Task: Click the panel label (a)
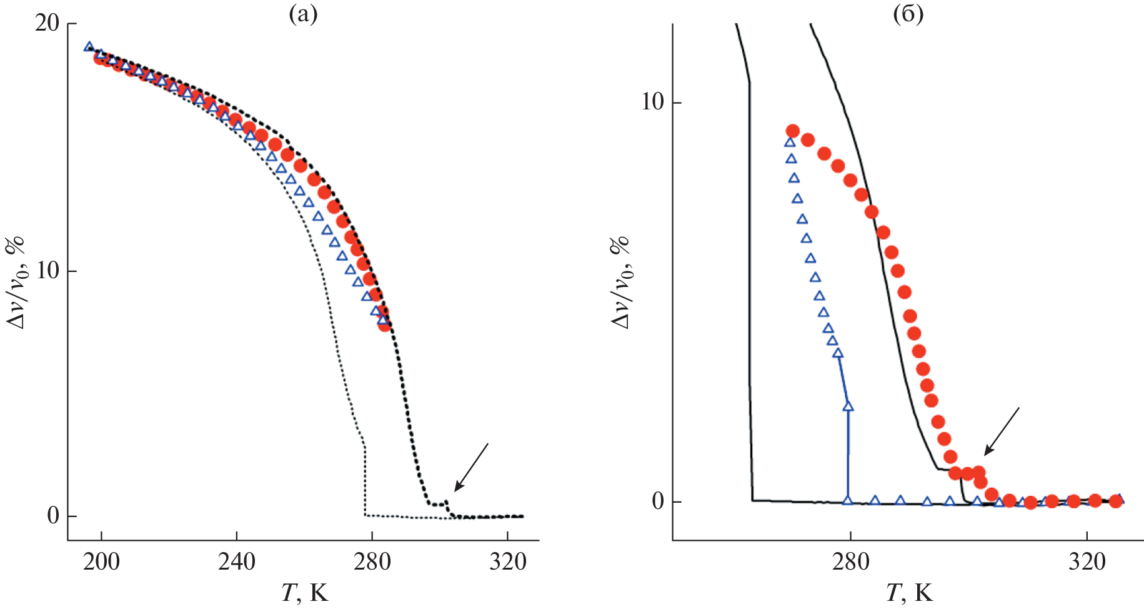[x=303, y=14]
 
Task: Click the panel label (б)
[x=908, y=14]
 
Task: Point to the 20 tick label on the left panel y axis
[x=47, y=24]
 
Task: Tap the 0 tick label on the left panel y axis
[x=53, y=516]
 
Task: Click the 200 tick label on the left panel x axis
[x=101, y=562]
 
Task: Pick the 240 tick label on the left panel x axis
[x=237, y=562]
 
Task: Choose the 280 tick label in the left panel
[x=372, y=562]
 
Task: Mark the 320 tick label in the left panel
[x=507, y=562]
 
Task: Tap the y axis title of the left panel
[x=16, y=281]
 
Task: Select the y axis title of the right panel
[x=621, y=281]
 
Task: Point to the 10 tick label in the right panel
[x=652, y=102]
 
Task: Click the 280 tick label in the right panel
[x=850, y=562]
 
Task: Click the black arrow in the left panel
[x=471, y=466]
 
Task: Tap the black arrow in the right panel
[x=1002, y=431]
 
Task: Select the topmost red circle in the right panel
[x=792, y=131]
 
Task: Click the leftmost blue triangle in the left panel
[x=89, y=47]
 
